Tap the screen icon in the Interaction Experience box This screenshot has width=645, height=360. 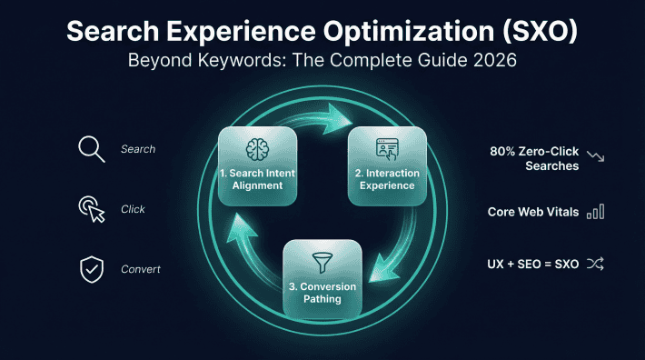(389, 149)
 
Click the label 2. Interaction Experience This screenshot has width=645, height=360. (389, 179)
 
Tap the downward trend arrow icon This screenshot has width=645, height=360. (596, 155)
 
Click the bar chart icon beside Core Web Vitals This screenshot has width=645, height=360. (596, 211)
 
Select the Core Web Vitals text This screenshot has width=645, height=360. (532, 212)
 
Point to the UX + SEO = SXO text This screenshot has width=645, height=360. (533, 265)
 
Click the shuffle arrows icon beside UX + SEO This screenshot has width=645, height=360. (596, 265)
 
